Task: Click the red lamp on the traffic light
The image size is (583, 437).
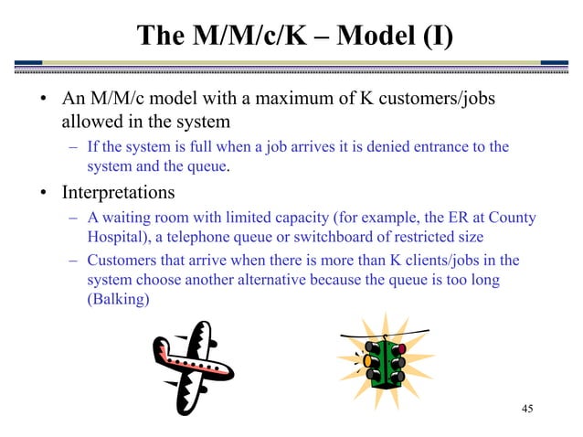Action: (400, 349)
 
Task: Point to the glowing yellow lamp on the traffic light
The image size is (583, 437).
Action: (368, 361)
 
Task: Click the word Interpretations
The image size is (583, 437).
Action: (118, 194)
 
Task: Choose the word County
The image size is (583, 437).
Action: (513, 217)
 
